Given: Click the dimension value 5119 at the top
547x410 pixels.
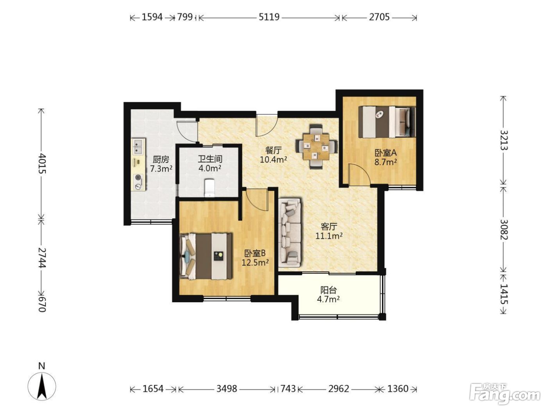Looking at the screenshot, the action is [x=269, y=17].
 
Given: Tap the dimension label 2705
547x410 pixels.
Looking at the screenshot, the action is [x=379, y=17].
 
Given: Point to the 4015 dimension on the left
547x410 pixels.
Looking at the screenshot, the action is [x=42, y=163].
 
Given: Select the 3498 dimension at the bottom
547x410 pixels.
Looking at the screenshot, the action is [x=227, y=389].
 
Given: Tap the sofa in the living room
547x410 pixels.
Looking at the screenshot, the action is [x=291, y=231].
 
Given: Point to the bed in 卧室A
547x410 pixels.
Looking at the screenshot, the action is [x=387, y=122].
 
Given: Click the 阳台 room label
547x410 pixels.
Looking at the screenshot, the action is [x=329, y=290].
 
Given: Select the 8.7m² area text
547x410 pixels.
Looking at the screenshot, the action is [x=386, y=162].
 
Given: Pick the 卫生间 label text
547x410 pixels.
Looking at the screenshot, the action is [x=210, y=159].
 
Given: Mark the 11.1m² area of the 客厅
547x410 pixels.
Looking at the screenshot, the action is [x=329, y=235].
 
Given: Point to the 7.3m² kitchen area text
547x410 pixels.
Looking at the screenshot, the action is [x=161, y=169].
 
